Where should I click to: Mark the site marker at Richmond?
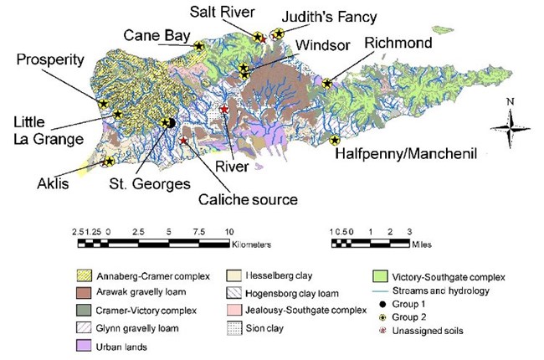[327, 83]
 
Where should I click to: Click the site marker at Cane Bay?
[198, 47]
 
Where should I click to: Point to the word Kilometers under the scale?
[252, 244]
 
